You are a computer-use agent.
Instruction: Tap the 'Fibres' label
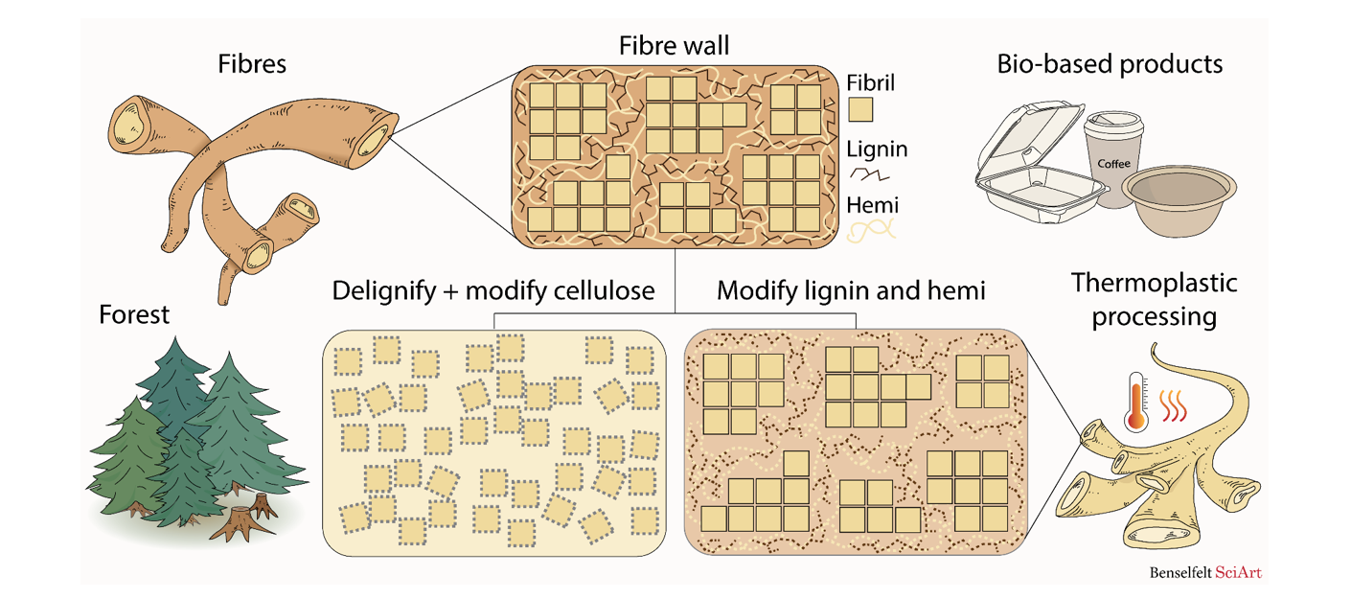252,65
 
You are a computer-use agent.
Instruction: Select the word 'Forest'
134,314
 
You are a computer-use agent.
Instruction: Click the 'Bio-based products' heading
1110,64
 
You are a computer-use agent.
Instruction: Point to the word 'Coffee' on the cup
1113,164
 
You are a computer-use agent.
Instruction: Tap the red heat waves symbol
1174,405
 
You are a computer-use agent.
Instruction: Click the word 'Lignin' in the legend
877,149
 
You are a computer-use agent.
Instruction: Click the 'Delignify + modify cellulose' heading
492,290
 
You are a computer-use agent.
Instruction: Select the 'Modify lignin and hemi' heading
851,290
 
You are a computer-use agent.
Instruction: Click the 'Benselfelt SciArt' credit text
1205,573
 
